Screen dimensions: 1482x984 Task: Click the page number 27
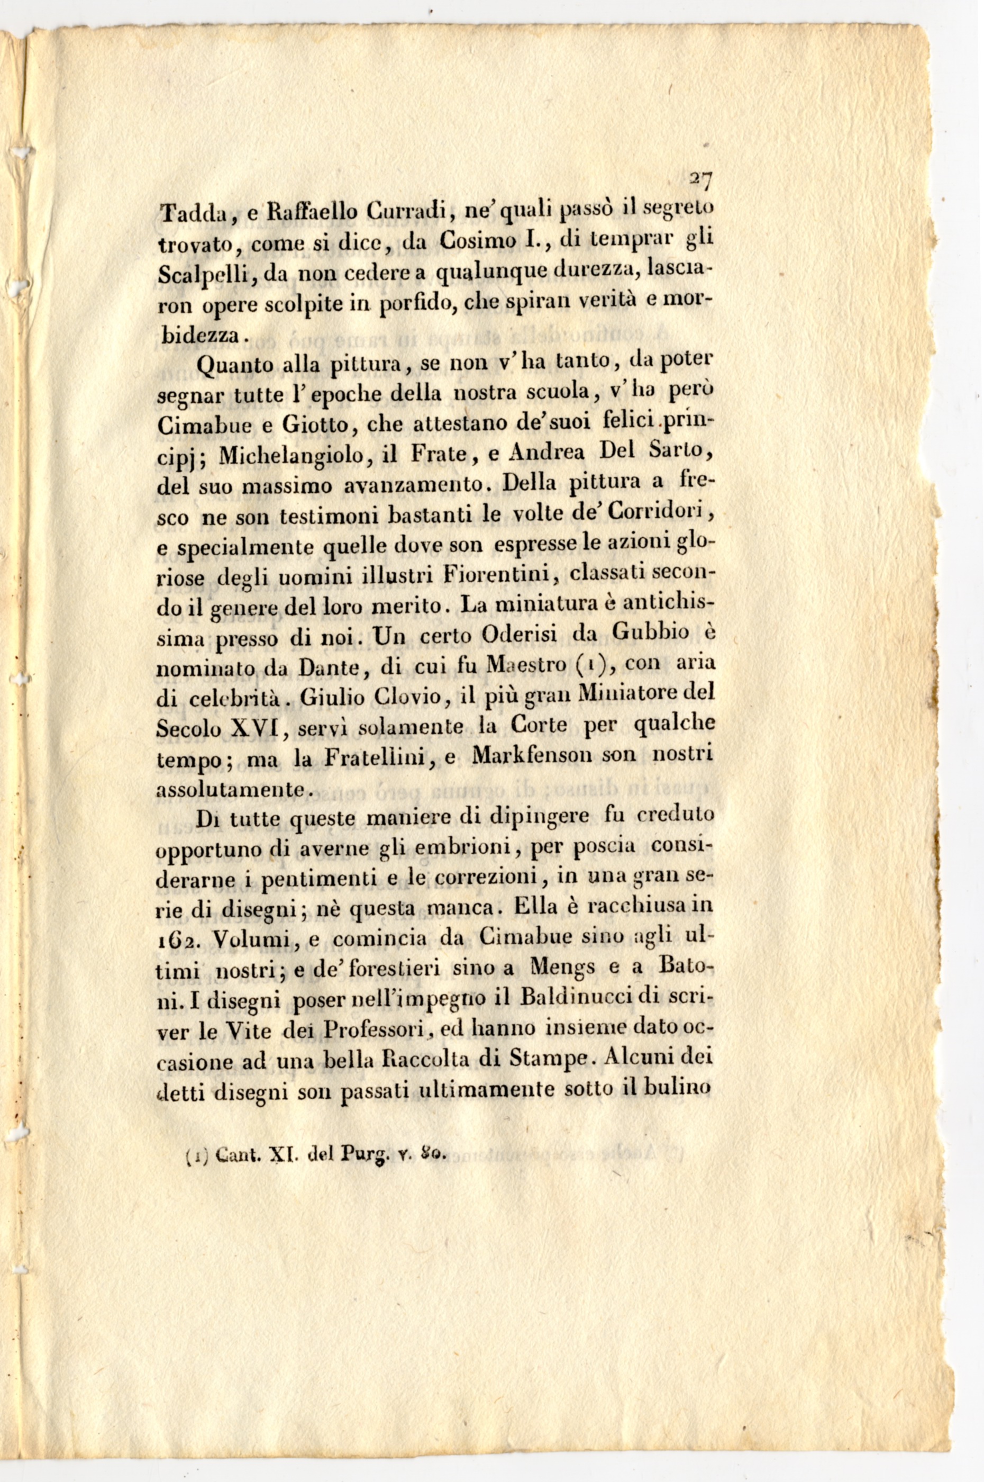tap(700, 182)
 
